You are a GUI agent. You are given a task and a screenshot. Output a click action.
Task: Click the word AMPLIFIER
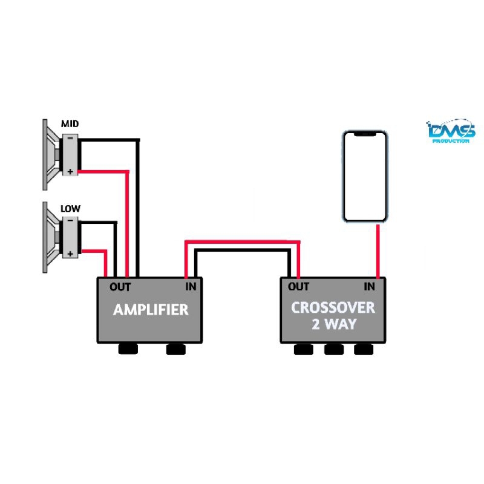pyautogui.click(x=151, y=310)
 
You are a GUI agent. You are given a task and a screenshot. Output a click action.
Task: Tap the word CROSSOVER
pyautogui.click(x=333, y=307)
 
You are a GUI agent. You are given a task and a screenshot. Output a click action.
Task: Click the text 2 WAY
pyautogui.click(x=333, y=324)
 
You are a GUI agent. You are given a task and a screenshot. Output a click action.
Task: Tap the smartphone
pyautogui.click(x=365, y=176)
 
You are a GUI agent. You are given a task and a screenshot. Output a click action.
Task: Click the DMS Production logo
pyautogui.click(x=451, y=131)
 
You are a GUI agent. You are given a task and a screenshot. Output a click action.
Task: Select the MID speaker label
pyautogui.click(x=70, y=124)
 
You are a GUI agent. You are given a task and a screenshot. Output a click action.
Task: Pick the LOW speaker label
pyautogui.click(x=70, y=209)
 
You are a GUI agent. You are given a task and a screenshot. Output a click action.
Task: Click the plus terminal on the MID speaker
pyautogui.click(x=70, y=171)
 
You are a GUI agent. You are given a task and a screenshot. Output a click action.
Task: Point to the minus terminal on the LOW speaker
pyautogui.click(x=70, y=221)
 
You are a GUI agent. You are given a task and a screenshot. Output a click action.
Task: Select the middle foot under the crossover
pyautogui.click(x=333, y=349)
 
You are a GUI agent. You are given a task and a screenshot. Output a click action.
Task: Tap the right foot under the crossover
pyautogui.click(x=363, y=349)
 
